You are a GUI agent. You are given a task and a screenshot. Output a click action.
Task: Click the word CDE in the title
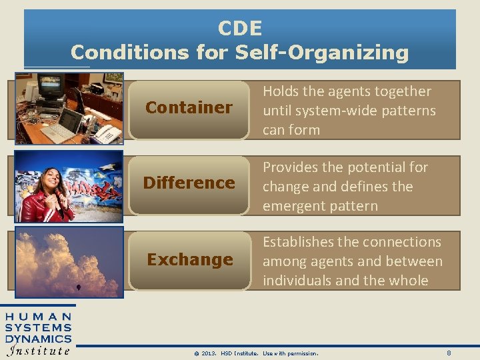pyautogui.click(x=240, y=28)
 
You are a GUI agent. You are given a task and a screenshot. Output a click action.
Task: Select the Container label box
pyautogui.click(x=189, y=107)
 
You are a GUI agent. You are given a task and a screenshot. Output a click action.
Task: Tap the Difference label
pyautogui.click(x=189, y=183)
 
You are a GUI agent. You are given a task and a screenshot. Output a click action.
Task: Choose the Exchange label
pyautogui.click(x=189, y=259)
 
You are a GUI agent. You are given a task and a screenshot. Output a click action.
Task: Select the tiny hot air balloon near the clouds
pyautogui.click(x=79, y=289)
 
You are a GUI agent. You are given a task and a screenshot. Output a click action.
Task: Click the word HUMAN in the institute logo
pyautogui.click(x=38, y=317)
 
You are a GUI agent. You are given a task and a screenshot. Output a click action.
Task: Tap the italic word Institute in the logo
pyautogui.click(x=38, y=351)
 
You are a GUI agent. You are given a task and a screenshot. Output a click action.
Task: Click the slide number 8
pyautogui.click(x=449, y=352)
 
